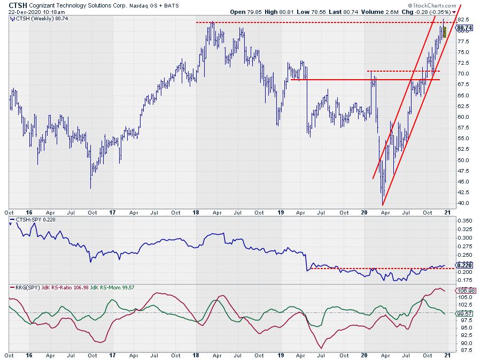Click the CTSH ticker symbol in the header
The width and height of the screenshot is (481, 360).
pyautogui.click(x=17, y=4)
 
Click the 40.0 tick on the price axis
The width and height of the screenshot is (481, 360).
pyautogui.click(x=463, y=203)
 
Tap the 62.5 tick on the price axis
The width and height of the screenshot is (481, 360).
pyautogui.click(x=463, y=106)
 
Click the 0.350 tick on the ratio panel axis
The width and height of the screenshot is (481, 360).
pyautogui.click(x=464, y=220)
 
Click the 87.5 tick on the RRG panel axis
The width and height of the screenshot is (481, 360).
pyautogui.click(x=463, y=350)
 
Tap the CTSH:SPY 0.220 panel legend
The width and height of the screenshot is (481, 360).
pyautogui.click(x=35, y=219)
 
